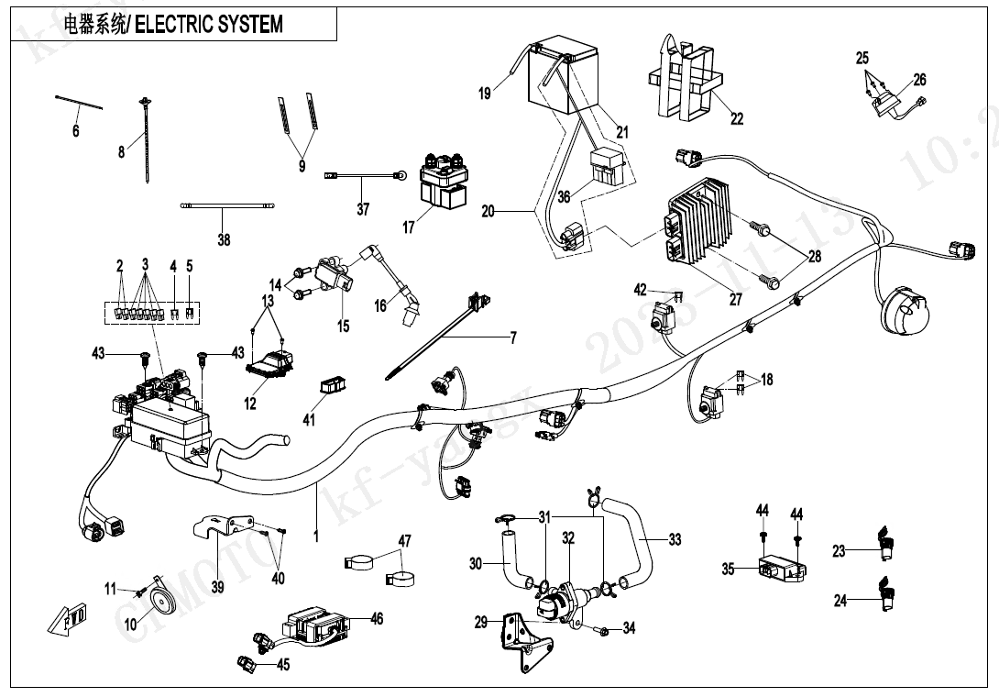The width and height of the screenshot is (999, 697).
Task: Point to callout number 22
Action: tap(737, 118)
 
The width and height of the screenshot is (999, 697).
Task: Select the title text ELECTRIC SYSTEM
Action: tap(209, 24)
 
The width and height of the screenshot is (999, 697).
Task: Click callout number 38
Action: tap(224, 240)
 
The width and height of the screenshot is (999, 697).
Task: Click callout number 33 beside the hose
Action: tap(675, 540)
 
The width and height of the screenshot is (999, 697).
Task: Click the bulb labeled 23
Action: tap(885, 543)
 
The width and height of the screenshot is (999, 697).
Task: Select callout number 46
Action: tap(378, 620)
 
